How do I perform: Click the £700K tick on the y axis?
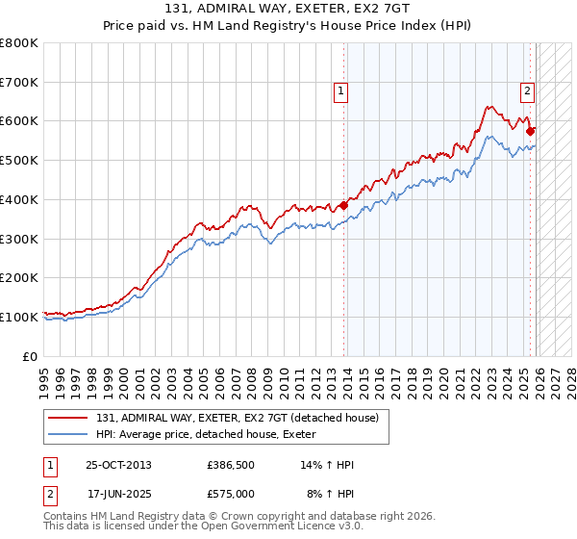click(x=19, y=83)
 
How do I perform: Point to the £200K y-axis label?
click(x=19, y=277)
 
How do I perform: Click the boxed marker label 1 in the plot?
click(x=341, y=91)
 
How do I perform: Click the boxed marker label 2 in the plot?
click(x=528, y=91)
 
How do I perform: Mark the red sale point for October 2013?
click(x=343, y=205)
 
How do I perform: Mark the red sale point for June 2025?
click(x=531, y=130)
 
